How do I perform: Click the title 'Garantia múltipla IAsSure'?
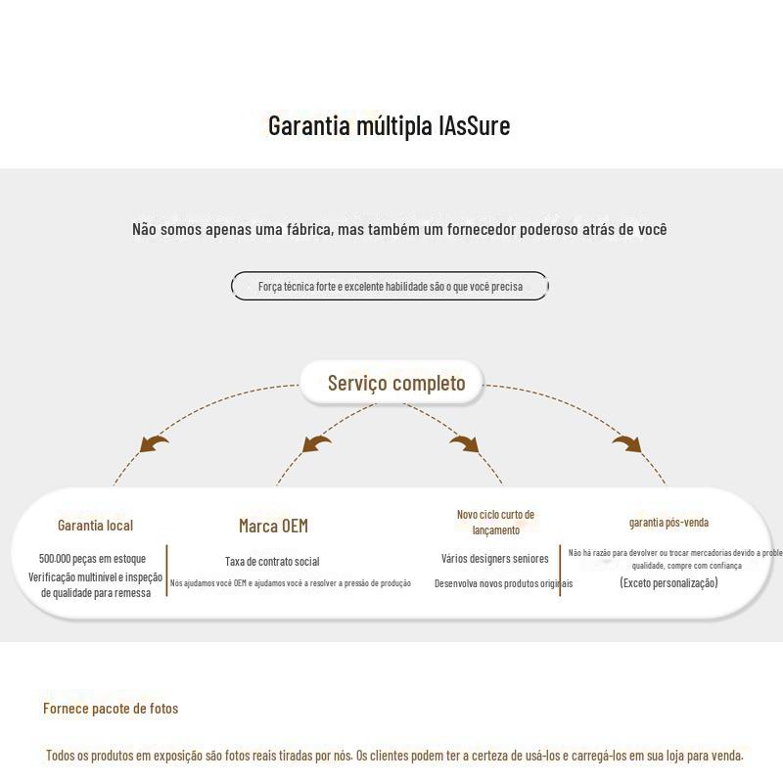point(389,126)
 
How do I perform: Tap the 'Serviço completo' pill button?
point(395,383)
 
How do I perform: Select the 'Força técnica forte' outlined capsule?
point(390,287)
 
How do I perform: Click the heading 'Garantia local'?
point(95,526)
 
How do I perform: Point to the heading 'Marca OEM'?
point(273,526)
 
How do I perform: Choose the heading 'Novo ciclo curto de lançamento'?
point(495,522)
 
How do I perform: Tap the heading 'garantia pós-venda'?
point(668,523)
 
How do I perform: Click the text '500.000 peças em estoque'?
point(92,558)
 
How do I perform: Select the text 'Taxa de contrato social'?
point(272,562)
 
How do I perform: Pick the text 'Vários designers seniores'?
point(494,559)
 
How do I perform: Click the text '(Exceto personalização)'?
point(668,582)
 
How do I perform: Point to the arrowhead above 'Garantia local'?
point(153,444)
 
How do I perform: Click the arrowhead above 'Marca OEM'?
point(315,444)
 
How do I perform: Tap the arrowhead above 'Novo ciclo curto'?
point(464,444)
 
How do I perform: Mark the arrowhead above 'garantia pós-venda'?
point(627,444)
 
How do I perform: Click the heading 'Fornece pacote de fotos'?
point(111,709)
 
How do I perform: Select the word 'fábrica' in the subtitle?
point(307,229)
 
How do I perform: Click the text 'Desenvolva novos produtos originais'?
point(503,583)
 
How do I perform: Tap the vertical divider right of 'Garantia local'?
point(167,571)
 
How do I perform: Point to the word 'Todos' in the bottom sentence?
point(62,756)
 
